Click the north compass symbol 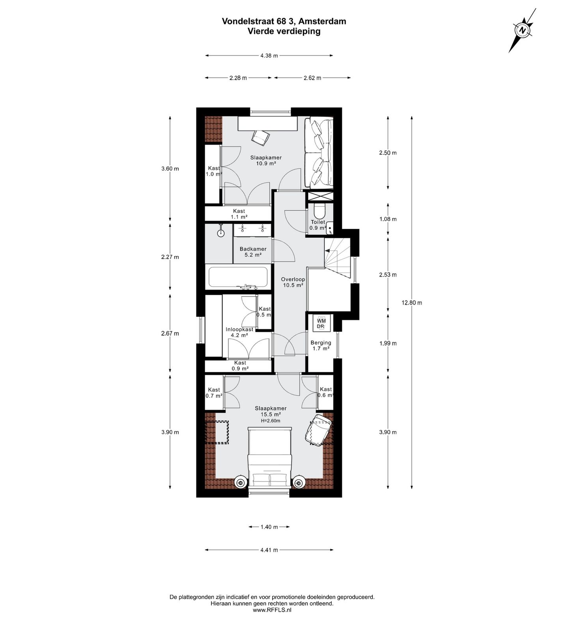point(522,30)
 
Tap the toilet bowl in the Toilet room point(320,212)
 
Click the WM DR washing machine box point(321,323)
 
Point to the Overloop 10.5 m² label point(292,282)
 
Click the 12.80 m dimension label point(412,303)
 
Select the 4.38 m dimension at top point(269,56)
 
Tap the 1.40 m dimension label point(269,527)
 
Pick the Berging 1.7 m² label point(320,345)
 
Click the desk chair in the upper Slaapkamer point(261,137)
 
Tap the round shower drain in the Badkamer point(220,233)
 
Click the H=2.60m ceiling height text point(271,421)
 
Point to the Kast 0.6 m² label point(326,392)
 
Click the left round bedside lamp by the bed point(240,482)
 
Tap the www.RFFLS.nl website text point(272,610)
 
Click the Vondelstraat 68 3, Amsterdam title point(284,21)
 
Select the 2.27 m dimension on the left point(170,257)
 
